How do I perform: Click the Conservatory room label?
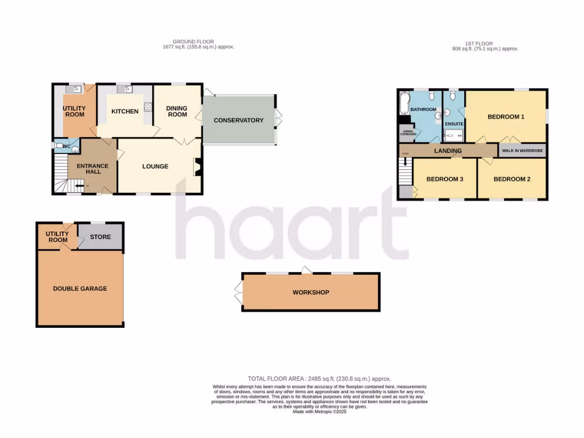point(238,120)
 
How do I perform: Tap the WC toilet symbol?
point(59,145)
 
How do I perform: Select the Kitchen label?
point(125,111)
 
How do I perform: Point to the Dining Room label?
point(177,111)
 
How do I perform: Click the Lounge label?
point(155,167)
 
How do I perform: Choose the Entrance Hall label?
point(92,169)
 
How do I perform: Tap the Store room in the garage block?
point(100,237)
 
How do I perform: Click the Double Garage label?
point(80,289)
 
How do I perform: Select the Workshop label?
point(311,293)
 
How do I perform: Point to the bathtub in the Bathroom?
point(404,103)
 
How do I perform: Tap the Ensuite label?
point(454,124)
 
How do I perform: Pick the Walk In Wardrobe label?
point(522,151)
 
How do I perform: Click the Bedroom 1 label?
point(506,117)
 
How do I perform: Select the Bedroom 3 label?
point(445,179)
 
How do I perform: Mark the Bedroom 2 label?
point(512,179)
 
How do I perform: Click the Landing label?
point(448,151)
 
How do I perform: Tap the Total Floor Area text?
point(319,379)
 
